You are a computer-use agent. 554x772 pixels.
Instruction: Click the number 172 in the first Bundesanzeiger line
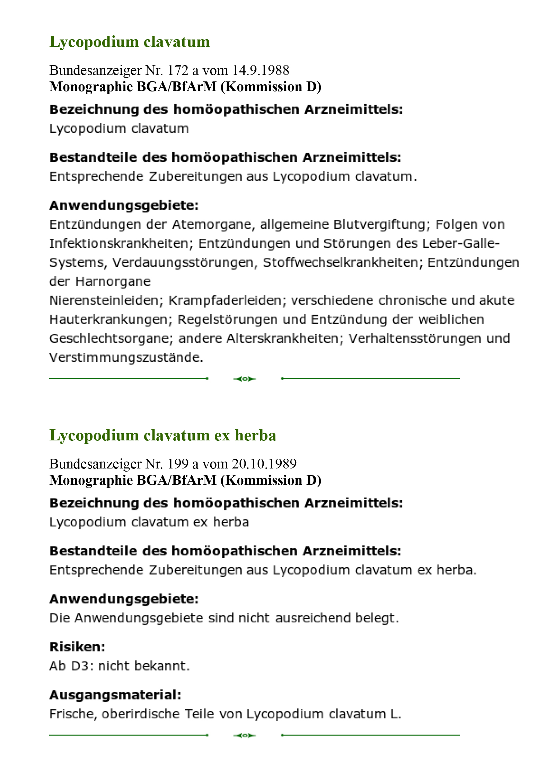point(178,70)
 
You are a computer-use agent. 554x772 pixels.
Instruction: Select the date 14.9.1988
point(260,70)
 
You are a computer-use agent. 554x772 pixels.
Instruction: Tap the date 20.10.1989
point(264,464)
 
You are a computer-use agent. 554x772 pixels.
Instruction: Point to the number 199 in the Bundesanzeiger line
point(178,464)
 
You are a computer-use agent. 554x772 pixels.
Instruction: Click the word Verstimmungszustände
point(126,358)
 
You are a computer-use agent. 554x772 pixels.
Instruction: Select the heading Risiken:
point(77,647)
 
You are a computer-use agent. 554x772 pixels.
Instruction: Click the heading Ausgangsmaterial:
point(115,695)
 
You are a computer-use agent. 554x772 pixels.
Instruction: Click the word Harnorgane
point(113,281)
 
